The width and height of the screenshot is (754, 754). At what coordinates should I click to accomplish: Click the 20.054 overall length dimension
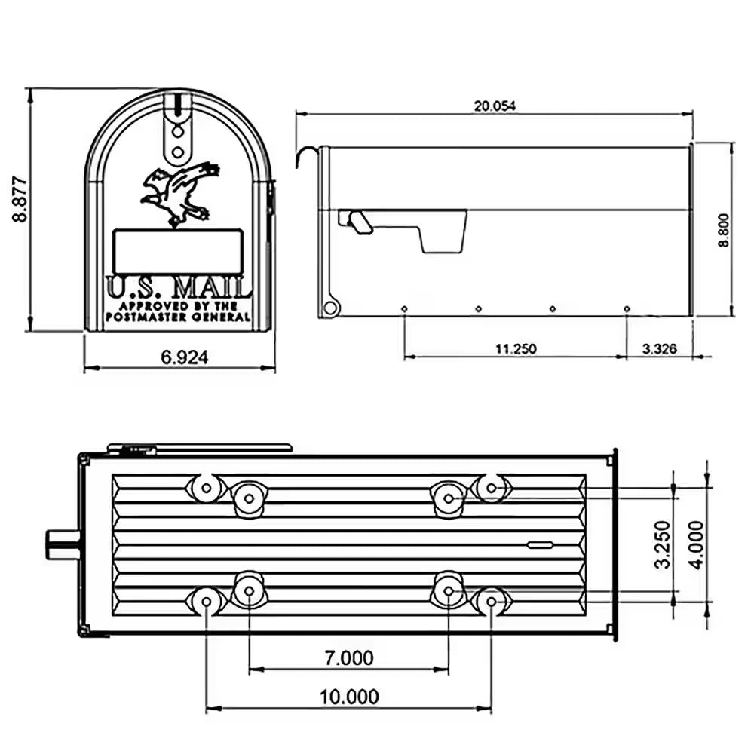494,106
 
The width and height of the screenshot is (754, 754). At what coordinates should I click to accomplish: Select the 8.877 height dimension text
20,199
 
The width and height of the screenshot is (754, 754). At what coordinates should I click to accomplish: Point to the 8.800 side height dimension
722,228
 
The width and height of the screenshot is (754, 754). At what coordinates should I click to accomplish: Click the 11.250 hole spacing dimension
515,348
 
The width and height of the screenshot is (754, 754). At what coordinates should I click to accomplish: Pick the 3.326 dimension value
659,348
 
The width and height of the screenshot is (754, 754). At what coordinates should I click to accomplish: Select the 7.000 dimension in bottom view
348,658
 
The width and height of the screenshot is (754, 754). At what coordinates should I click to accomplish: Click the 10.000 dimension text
348,697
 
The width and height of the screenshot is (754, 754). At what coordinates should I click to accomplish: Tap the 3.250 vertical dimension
662,544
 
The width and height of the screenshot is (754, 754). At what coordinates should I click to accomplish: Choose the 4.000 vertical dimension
695,544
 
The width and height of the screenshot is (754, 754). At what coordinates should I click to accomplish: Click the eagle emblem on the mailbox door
179,192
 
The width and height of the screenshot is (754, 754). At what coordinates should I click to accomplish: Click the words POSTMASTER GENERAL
177,317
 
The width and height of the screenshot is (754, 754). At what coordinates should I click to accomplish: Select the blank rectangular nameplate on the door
177,251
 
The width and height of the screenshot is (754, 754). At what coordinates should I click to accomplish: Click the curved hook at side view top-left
305,155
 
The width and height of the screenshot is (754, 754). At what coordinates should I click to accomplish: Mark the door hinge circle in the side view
329,308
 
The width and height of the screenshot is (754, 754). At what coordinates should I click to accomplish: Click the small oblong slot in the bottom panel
539,544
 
